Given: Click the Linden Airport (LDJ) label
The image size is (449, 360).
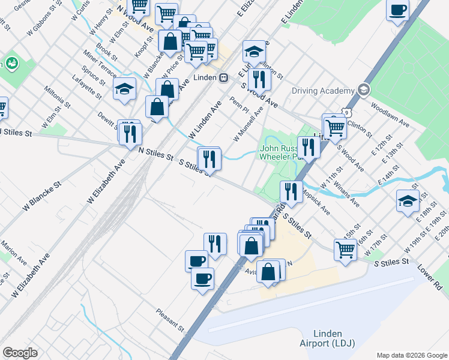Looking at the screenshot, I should pos(327,338).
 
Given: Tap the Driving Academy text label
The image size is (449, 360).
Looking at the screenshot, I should pos(322,91).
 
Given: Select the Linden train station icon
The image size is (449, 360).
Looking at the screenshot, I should pos(223,77).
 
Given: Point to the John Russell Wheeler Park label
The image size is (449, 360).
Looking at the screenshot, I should pos(278,152).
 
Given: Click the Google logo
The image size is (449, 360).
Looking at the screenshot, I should pos(20,353).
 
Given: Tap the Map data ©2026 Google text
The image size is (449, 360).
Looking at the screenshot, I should pos(412,355).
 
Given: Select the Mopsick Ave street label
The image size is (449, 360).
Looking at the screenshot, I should pos(316,203).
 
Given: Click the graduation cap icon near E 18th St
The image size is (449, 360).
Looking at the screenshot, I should pos(408,201).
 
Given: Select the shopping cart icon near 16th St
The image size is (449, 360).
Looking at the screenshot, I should pos(345,248).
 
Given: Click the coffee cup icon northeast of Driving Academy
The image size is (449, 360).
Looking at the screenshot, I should pos(397,10).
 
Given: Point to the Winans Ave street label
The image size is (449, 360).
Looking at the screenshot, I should pos(347,193).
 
